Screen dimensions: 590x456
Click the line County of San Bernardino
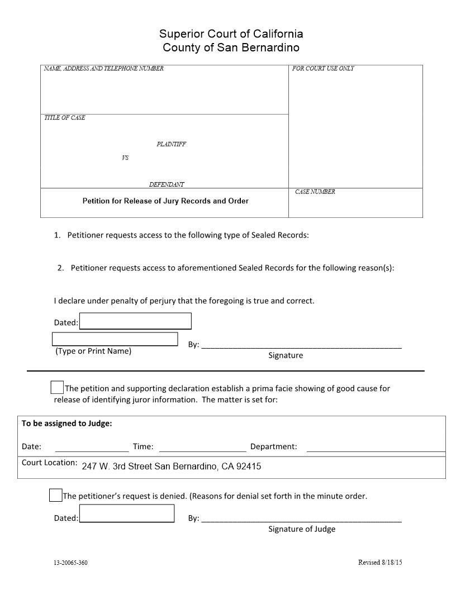pos(231,47)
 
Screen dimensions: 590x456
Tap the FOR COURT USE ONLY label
pos(323,69)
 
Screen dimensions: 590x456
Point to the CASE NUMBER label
pos(315,192)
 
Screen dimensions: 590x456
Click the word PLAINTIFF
pos(171,144)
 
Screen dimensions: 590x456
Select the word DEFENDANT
pos(167,184)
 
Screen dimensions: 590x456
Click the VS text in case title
pos(125,158)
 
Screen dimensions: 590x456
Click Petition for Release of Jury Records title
pos(165,201)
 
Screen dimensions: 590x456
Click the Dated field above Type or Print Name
pos(135,321)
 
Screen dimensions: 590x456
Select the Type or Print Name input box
pos(115,339)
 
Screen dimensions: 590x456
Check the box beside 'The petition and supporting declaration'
pos(57,387)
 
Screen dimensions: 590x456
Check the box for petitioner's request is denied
pos(55,495)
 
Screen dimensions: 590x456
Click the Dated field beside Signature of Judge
pos(127,513)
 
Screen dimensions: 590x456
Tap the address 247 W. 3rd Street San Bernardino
pos(171,467)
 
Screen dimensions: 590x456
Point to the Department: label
pos(273,446)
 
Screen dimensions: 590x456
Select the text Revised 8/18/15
pos(379,562)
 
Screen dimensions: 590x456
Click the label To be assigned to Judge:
pos(67,424)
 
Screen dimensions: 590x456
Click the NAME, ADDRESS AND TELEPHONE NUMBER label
pos(104,69)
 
